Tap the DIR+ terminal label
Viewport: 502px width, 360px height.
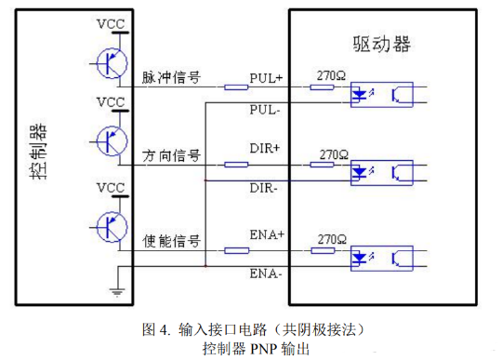click(266, 149)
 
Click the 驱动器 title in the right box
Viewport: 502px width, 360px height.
click(382, 44)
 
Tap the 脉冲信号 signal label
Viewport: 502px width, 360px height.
click(171, 77)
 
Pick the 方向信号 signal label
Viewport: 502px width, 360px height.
click(171, 153)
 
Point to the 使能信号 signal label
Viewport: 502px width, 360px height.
click(171, 241)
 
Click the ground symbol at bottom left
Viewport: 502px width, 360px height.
click(117, 290)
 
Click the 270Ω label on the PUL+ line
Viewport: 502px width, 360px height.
click(333, 74)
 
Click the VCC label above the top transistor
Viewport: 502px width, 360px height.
click(111, 21)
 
